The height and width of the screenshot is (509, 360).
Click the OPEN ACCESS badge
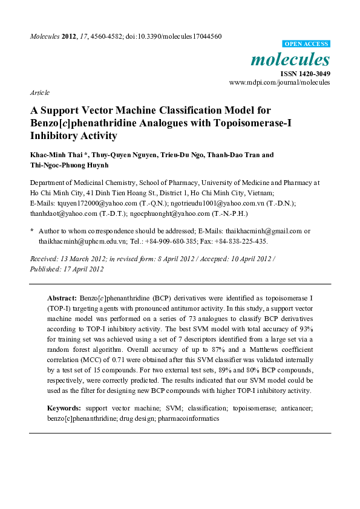[307, 45]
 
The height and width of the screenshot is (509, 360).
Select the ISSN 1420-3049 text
[305, 73]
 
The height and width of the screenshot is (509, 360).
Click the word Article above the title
[39, 92]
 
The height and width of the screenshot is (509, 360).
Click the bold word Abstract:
[62, 299]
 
